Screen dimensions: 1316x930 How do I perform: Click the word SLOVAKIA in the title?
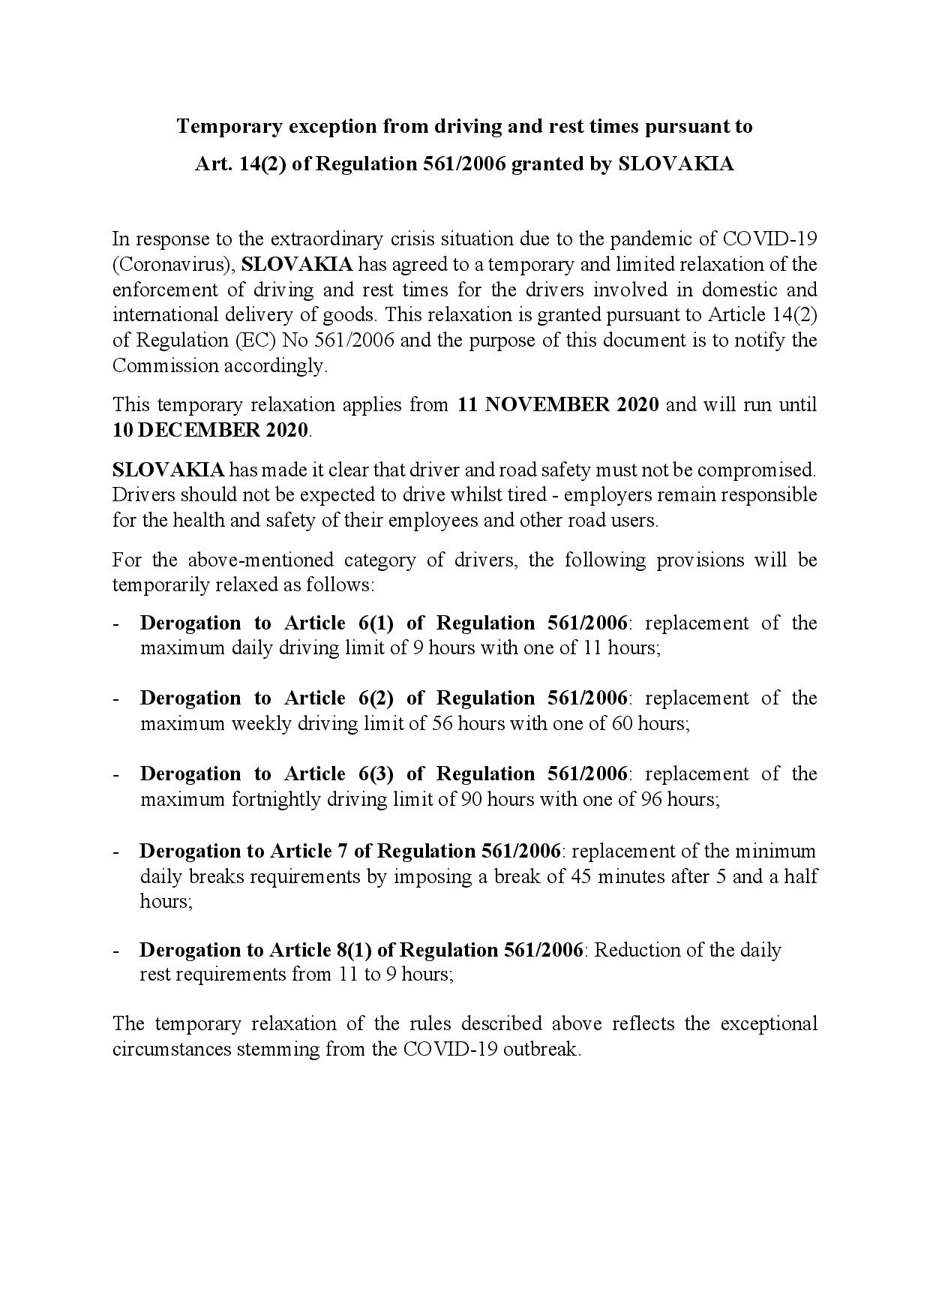[676, 164]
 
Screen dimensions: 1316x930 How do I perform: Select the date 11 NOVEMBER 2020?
[558, 405]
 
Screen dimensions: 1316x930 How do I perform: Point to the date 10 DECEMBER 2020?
[210, 431]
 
